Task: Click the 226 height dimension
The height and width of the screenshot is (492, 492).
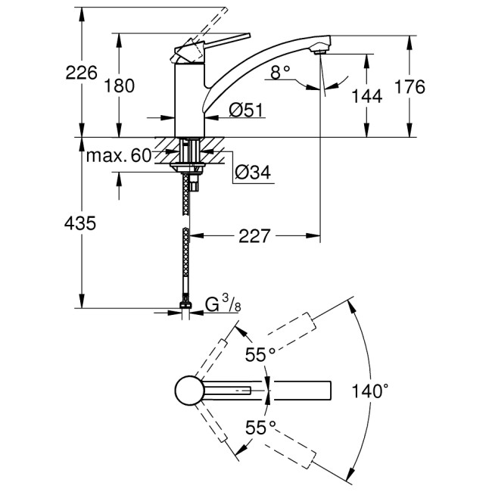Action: coord(82,73)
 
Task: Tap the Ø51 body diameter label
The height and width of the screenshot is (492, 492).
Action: coord(244,111)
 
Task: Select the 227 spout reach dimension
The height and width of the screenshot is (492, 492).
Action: coord(254,236)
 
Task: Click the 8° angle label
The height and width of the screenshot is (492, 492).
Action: coord(280,73)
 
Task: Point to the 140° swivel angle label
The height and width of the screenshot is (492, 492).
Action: coord(371,391)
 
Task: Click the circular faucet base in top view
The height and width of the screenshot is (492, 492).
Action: coord(188,391)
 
